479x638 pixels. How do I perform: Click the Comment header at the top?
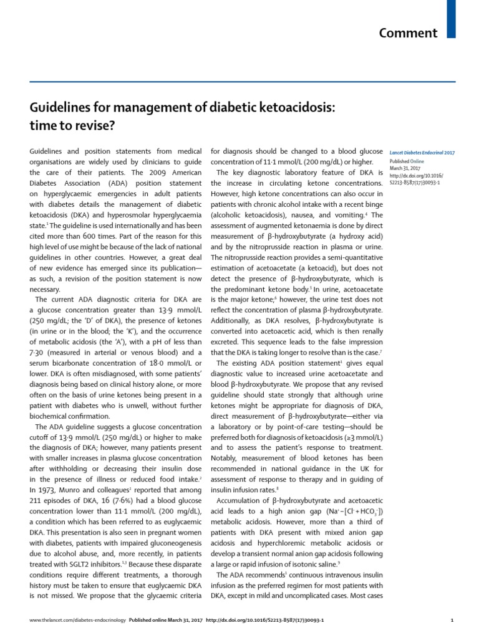(x=408, y=33)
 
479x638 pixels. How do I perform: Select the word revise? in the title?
(x=95, y=125)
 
